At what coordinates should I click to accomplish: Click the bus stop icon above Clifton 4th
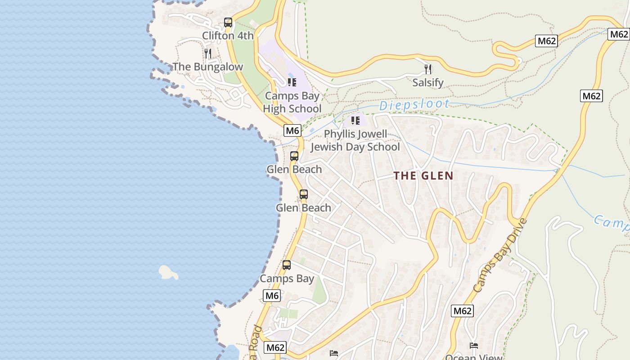coord(228,22)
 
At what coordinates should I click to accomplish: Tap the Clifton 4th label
coord(228,36)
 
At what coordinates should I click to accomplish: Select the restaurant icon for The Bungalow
coord(207,54)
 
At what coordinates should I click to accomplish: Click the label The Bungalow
coord(207,67)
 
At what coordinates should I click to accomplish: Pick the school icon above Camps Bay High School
coord(292,82)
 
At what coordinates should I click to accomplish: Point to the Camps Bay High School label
coord(292,102)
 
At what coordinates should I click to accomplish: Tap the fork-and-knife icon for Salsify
coord(428,69)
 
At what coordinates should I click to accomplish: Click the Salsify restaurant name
coord(428,83)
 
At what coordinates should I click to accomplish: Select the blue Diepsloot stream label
coord(414,105)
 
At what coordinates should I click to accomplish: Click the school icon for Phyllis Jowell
coord(355,121)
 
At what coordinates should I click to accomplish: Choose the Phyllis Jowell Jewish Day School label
coord(355,140)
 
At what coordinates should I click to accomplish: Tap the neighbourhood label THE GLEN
coord(423,175)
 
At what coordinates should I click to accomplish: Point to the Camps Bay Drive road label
coord(500,255)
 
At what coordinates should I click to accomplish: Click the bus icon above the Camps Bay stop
coord(287,265)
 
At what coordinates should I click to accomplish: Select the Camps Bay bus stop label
coord(287,279)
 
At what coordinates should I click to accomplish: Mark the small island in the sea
coord(168,272)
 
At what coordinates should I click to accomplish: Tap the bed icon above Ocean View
coord(474,346)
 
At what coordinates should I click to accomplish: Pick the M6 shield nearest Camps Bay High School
coord(292,130)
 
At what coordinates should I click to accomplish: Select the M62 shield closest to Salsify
coord(547,41)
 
